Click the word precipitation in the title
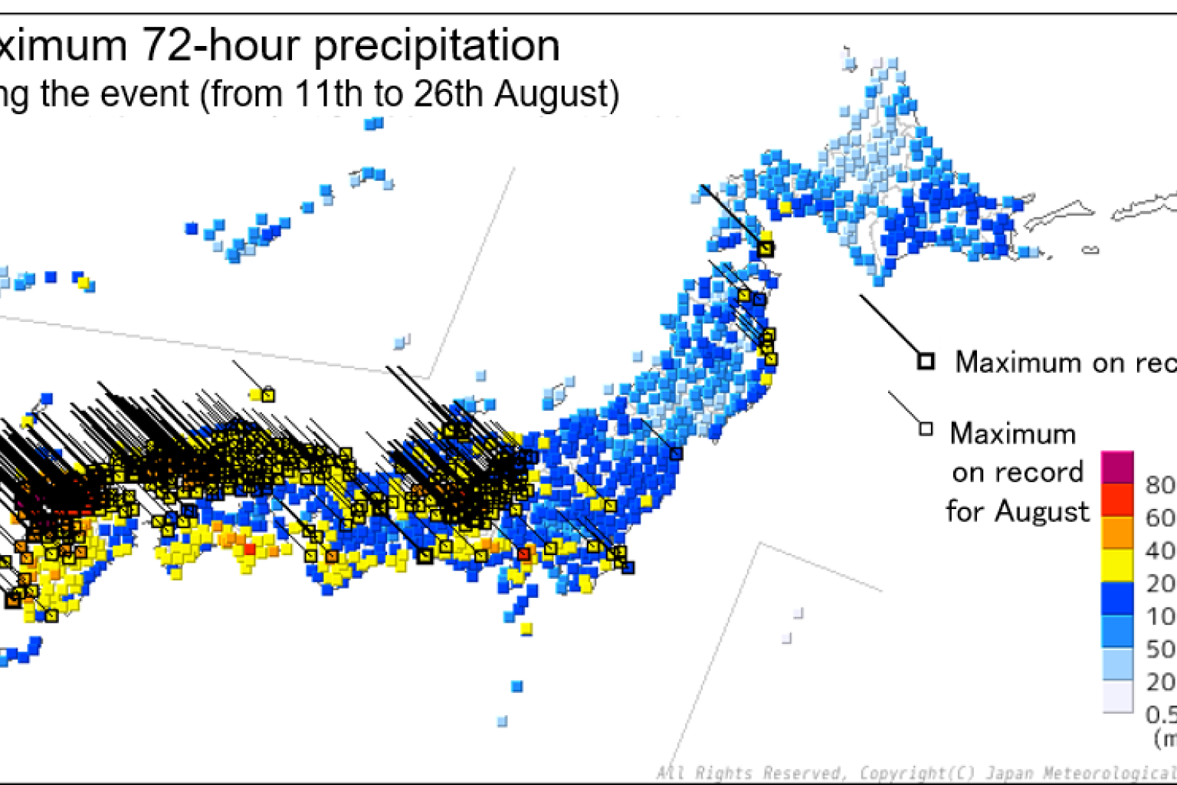[x=437, y=46]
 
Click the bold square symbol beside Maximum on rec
[x=926, y=360]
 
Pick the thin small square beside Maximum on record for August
[x=926, y=429]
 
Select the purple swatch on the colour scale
[x=1116, y=467]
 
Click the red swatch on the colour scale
[x=1116, y=500]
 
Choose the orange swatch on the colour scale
[x=1116, y=533]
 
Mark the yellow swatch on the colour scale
[x=1116, y=566]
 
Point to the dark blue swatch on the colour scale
[x=1116, y=599]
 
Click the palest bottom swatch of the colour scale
[x=1116, y=698]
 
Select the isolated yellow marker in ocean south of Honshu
[x=526, y=629]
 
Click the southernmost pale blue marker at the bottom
[x=502, y=721]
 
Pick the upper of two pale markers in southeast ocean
[x=798, y=613]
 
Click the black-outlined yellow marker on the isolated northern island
[x=267, y=396]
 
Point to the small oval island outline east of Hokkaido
[x=1090, y=249]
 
